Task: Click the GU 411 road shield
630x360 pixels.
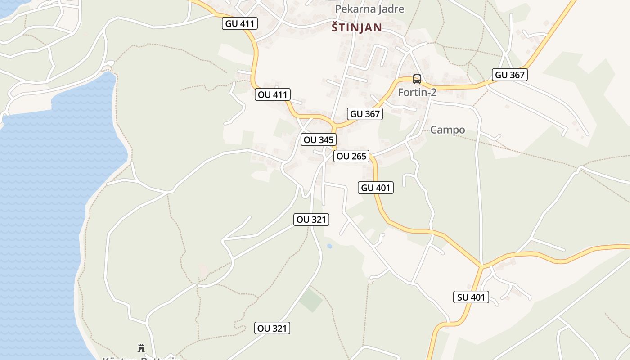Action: coord(240,23)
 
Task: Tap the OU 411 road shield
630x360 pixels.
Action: coord(273,94)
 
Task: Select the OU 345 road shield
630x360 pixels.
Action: coord(319,139)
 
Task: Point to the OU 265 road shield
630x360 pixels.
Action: coord(351,156)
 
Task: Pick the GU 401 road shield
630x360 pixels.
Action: coord(376,188)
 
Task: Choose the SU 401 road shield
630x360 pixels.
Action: coord(471,297)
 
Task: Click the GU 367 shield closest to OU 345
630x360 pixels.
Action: coord(365,114)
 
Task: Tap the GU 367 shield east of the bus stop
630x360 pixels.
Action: coord(510,75)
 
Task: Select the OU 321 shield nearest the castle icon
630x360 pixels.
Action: coord(272,328)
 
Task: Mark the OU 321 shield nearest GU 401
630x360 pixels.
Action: coord(312,220)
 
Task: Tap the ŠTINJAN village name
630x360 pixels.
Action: coord(356,27)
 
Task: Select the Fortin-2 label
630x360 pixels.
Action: coord(417,93)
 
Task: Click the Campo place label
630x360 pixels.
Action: coord(447,130)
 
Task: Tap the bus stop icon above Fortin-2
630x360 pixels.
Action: coord(417,79)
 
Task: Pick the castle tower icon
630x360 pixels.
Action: coord(141,348)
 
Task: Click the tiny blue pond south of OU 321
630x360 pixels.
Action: coord(329,246)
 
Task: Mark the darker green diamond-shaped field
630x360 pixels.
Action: coord(311,301)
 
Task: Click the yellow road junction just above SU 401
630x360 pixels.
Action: coord(481,266)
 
